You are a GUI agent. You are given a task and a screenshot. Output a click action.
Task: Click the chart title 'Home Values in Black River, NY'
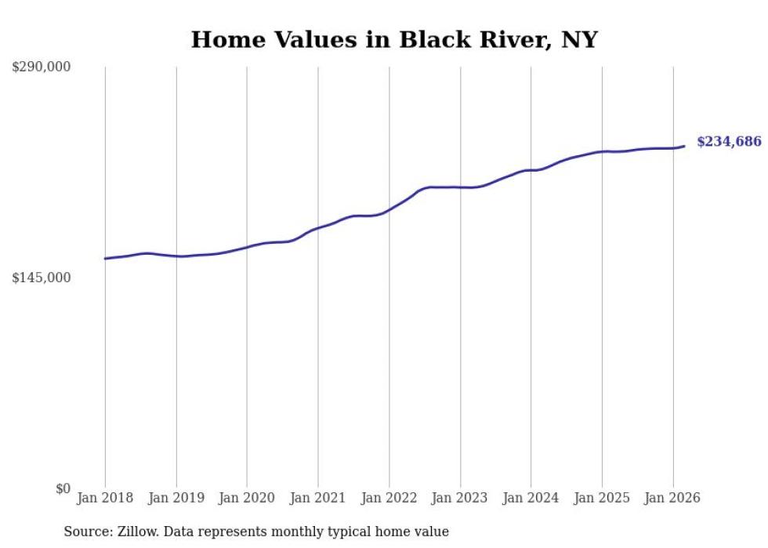pos(394,40)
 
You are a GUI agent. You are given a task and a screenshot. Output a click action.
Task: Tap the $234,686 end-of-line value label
pos(729,142)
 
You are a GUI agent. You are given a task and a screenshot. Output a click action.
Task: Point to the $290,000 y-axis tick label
pos(42,67)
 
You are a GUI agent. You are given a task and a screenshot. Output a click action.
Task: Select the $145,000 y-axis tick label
pos(42,278)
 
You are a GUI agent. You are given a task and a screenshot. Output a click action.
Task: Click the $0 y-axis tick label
pos(63,488)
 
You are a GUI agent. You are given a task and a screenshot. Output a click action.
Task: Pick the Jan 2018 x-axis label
pos(105,498)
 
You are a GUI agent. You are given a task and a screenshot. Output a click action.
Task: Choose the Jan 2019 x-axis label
pos(176,498)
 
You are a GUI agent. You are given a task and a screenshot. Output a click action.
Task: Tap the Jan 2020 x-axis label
pos(247,498)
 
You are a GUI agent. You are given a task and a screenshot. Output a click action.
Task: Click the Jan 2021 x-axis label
pos(318,498)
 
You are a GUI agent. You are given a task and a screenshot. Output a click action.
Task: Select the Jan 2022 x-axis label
pos(389,498)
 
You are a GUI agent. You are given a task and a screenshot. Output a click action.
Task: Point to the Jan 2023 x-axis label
pos(460,498)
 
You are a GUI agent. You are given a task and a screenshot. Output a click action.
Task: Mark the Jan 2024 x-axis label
pos(531,498)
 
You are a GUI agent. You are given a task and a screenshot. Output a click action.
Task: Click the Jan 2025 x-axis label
pos(602,498)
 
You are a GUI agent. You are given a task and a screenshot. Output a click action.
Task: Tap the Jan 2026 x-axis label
pos(672,498)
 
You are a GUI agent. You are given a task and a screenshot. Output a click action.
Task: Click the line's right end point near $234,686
pos(684,146)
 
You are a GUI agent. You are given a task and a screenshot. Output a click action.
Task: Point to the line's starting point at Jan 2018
pos(105,258)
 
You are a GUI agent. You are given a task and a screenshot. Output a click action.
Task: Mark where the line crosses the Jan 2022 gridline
pos(389,210)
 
